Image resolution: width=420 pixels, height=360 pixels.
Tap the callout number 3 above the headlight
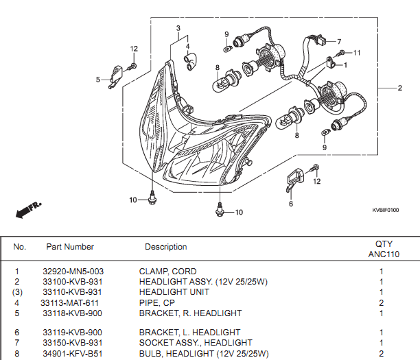click(x=178, y=28)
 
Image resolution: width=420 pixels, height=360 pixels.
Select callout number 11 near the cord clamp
click(x=357, y=53)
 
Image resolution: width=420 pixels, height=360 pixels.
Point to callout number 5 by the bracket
click(x=98, y=80)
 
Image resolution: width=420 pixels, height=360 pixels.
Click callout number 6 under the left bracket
click(x=290, y=204)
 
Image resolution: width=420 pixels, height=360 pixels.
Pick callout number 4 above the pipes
click(x=187, y=47)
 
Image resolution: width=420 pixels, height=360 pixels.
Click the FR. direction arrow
click(x=27, y=209)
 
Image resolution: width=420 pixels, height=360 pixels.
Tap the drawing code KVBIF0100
click(x=386, y=211)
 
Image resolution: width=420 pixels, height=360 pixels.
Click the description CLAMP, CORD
click(x=167, y=272)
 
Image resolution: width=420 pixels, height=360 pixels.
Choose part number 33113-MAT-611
click(x=70, y=302)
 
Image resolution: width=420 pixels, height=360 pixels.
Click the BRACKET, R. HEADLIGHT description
click(x=190, y=313)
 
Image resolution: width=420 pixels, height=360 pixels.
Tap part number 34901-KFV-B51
click(x=71, y=353)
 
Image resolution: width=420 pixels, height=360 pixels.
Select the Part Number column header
click(x=70, y=247)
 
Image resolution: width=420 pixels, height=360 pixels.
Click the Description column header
click(x=165, y=247)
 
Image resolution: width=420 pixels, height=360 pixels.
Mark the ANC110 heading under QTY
click(x=384, y=254)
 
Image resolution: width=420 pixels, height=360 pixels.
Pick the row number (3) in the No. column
click(x=18, y=292)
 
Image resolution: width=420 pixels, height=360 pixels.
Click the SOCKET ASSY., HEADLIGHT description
click(x=196, y=342)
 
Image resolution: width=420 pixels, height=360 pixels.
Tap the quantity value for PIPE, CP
click(x=381, y=302)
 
